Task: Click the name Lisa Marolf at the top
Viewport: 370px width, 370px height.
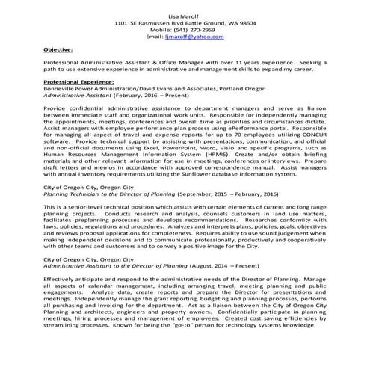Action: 184,16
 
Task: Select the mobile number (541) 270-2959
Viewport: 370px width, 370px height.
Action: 197,29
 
